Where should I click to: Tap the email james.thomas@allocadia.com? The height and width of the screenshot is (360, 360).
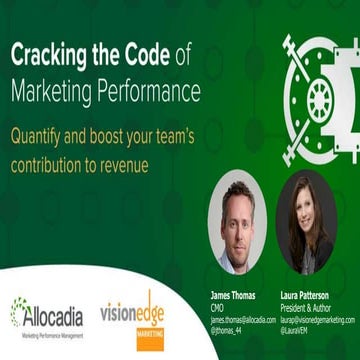tap(242, 319)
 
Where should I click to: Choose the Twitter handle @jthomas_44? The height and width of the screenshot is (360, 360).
tap(225, 329)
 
